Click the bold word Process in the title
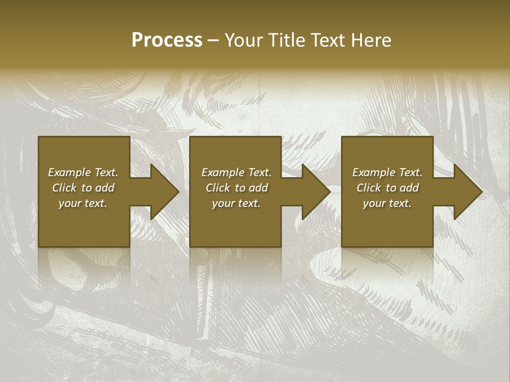tap(167, 40)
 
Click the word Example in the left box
tap(70, 172)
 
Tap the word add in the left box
tap(105, 188)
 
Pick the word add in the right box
tap(410, 188)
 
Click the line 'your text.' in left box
tap(83, 203)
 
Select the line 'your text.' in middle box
tap(236, 203)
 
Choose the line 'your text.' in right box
tap(387, 203)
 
